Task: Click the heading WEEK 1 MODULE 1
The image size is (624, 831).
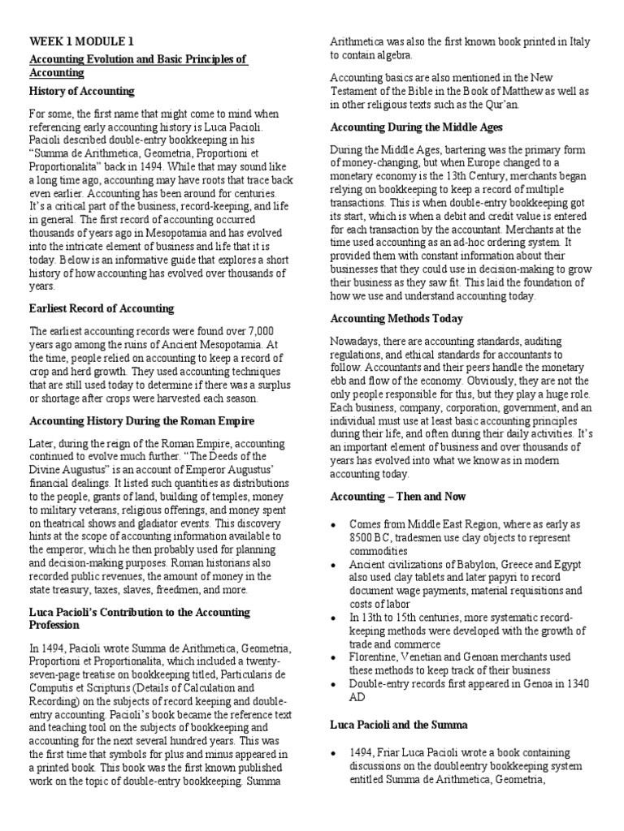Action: [82, 41]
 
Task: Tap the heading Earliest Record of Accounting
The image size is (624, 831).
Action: [102, 308]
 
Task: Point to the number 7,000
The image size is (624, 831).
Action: [267, 330]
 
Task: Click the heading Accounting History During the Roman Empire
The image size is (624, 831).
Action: [142, 421]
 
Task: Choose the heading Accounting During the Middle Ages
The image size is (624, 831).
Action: [417, 127]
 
